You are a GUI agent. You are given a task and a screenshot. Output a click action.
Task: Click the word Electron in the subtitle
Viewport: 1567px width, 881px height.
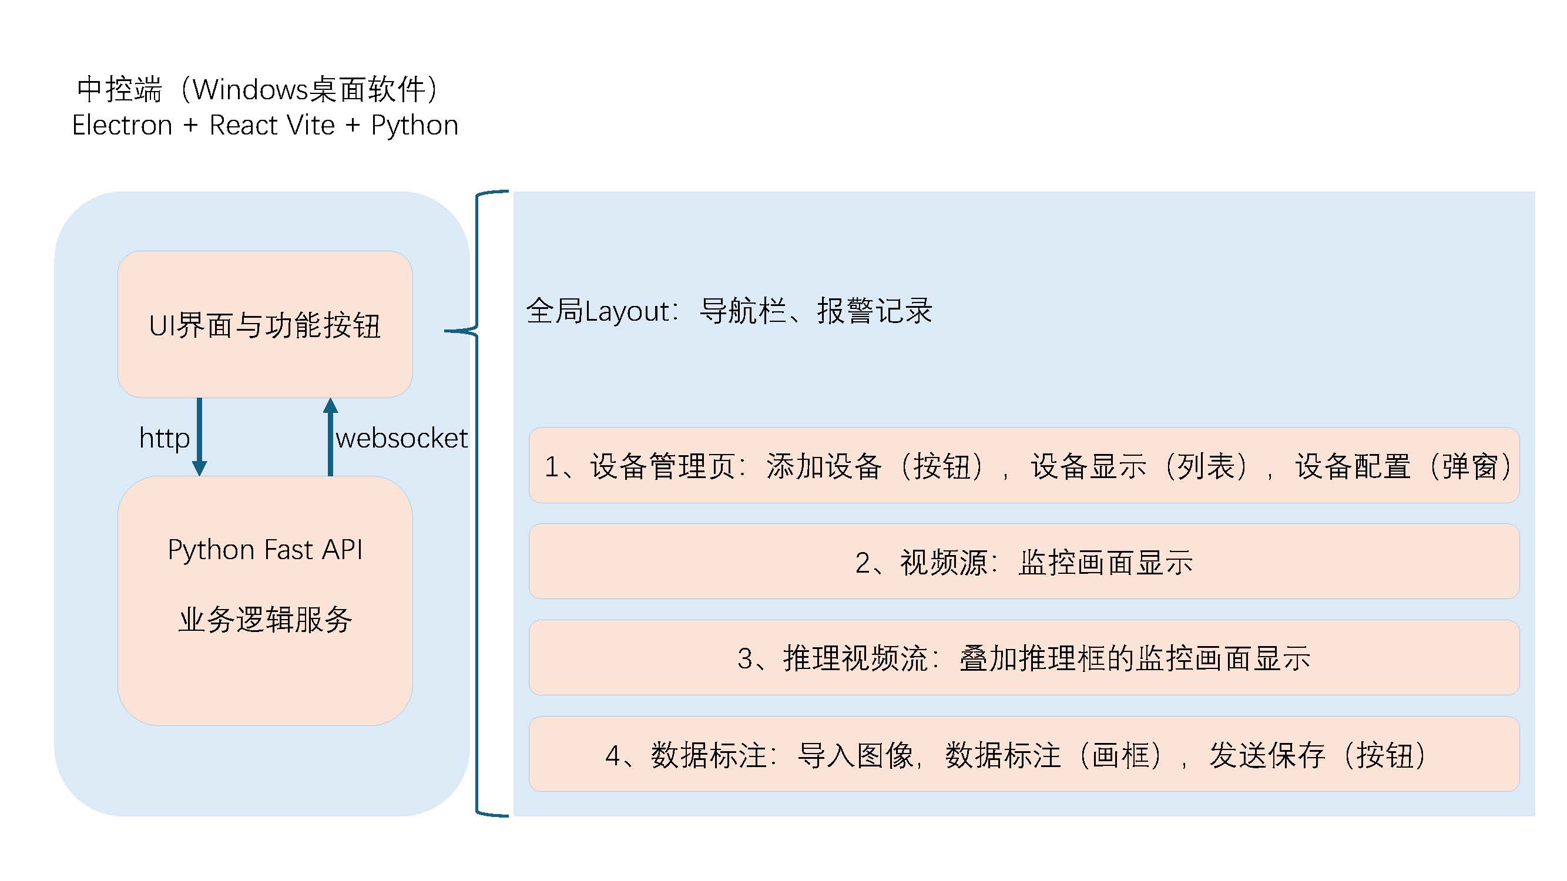point(122,125)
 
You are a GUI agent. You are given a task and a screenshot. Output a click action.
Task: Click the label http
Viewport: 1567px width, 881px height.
point(165,438)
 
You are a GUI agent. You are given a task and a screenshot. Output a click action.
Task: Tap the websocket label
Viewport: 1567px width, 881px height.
point(401,438)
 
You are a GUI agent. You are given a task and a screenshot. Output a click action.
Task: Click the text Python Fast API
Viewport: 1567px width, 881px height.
point(265,550)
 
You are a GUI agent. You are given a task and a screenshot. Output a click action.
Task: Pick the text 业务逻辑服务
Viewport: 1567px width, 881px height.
point(265,620)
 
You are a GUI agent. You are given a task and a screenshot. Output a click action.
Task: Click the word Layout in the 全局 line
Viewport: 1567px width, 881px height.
point(626,311)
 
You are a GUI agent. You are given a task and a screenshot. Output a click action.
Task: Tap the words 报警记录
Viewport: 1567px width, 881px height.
point(874,311)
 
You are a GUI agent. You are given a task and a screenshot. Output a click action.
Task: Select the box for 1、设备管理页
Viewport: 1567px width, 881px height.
point(1024,465)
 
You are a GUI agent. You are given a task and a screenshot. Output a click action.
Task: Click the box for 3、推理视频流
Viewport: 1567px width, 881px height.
point(1024,657)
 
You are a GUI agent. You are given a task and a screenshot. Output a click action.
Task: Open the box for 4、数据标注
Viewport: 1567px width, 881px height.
point(1024,754)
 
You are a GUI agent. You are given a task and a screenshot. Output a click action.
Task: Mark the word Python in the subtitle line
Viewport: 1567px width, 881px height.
point(414,125)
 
